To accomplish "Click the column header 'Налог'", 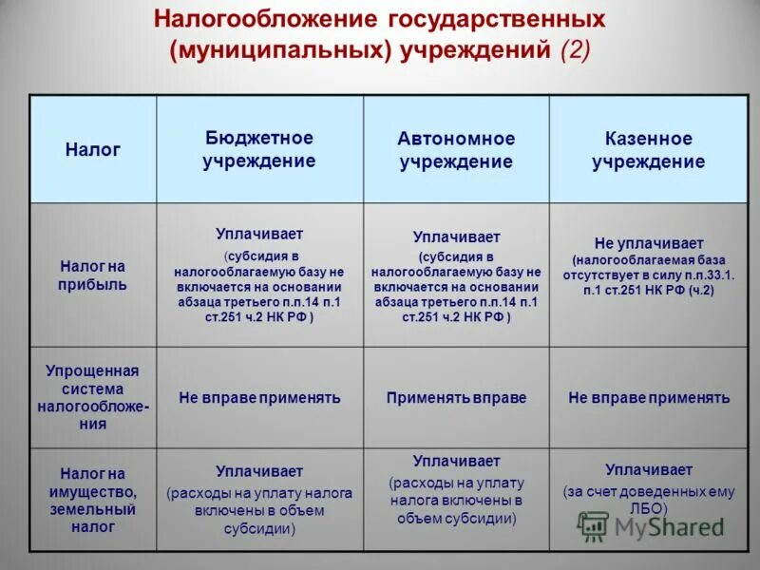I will click(x=93, y=149).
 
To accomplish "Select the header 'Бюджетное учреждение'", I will click(x=258, y=149).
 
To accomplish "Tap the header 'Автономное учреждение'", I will click(x=456, y=150).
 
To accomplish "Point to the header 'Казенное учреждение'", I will click(x=649, y=150).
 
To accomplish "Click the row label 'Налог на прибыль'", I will click(x=93, y=275).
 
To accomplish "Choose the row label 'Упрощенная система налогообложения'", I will click(x=93, y=397).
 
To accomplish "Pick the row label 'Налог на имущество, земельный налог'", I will click(x=93, y=499).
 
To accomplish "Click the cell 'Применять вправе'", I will click(x=456, y=398).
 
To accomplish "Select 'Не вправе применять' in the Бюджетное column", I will click(x=259, y=398).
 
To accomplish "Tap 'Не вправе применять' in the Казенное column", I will click(x=649, y=398).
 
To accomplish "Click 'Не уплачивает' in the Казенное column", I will click(x=649, y=243).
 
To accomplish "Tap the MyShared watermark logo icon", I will click(x=594, y=525).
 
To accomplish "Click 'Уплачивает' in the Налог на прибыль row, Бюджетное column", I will click(x=259, y=233).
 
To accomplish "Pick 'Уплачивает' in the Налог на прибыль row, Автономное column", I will click(x=456, y=237).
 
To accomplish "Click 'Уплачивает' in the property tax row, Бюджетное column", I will click(x=259, y=471).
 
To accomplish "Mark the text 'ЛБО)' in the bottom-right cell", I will click(x=649, y=509).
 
